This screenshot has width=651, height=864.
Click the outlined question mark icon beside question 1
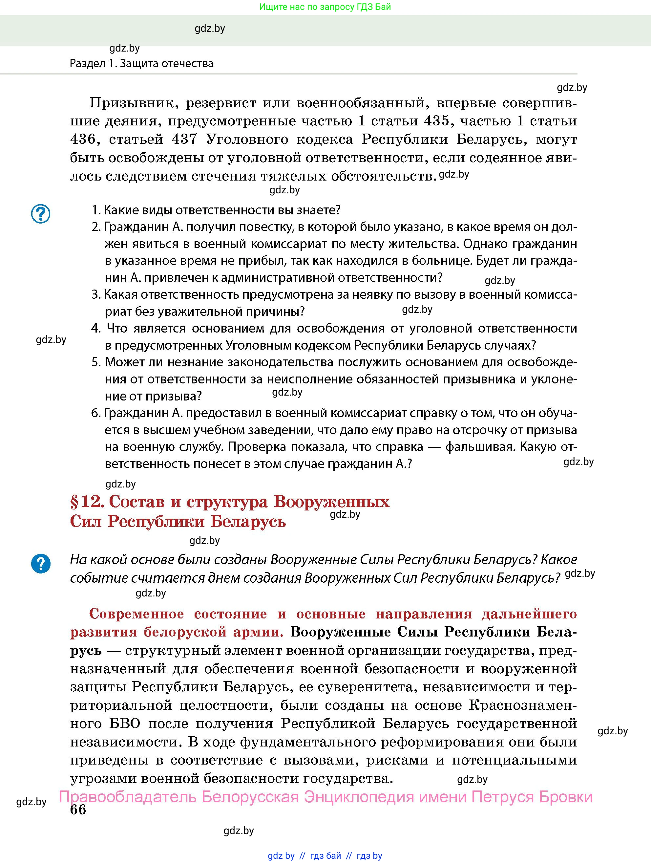coord(41,214)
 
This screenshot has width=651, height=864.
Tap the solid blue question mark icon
coord(41,564)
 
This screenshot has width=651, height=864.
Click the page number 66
coord(78,809)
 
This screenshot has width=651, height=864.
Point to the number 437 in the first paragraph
coord(184,139)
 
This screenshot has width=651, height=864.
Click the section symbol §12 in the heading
coord(86,502)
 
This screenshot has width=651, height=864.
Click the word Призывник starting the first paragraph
coord(132,103)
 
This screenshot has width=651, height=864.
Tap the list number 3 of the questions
coord(96,294)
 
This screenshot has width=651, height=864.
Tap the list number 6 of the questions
coord(96,413)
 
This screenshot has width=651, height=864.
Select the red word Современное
coord(136,614)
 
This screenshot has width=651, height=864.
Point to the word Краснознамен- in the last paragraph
coord(522,705)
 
